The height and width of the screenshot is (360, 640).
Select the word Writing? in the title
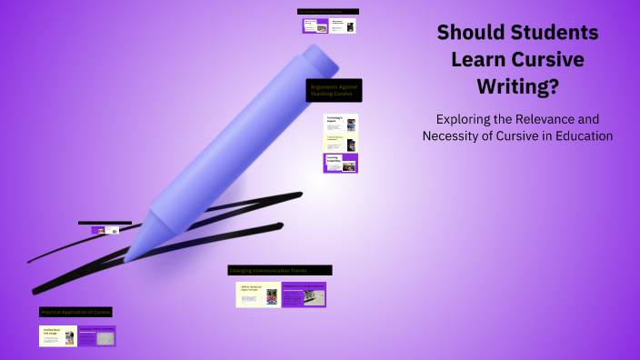pos(517,87)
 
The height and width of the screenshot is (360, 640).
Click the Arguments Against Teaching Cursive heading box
pos(335,89)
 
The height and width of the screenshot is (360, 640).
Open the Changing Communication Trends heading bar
pos(280,270)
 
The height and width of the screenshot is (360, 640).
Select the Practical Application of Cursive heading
pos(75,312)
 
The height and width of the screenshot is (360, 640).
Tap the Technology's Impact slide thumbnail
pos(341,124)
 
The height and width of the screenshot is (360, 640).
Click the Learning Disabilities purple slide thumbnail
pos(341,163)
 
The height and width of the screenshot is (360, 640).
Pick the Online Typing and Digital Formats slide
pos(257,295)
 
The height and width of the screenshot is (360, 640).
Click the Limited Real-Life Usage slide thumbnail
pos(57,335)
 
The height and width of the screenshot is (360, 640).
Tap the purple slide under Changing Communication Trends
pos(304,295)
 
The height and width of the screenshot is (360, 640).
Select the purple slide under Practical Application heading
pos(96,335)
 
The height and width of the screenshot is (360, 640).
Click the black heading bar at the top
pos(328,12)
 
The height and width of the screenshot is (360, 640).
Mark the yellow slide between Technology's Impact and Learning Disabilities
pos(341,144)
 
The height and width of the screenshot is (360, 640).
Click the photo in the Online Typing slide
pos(271,296)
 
